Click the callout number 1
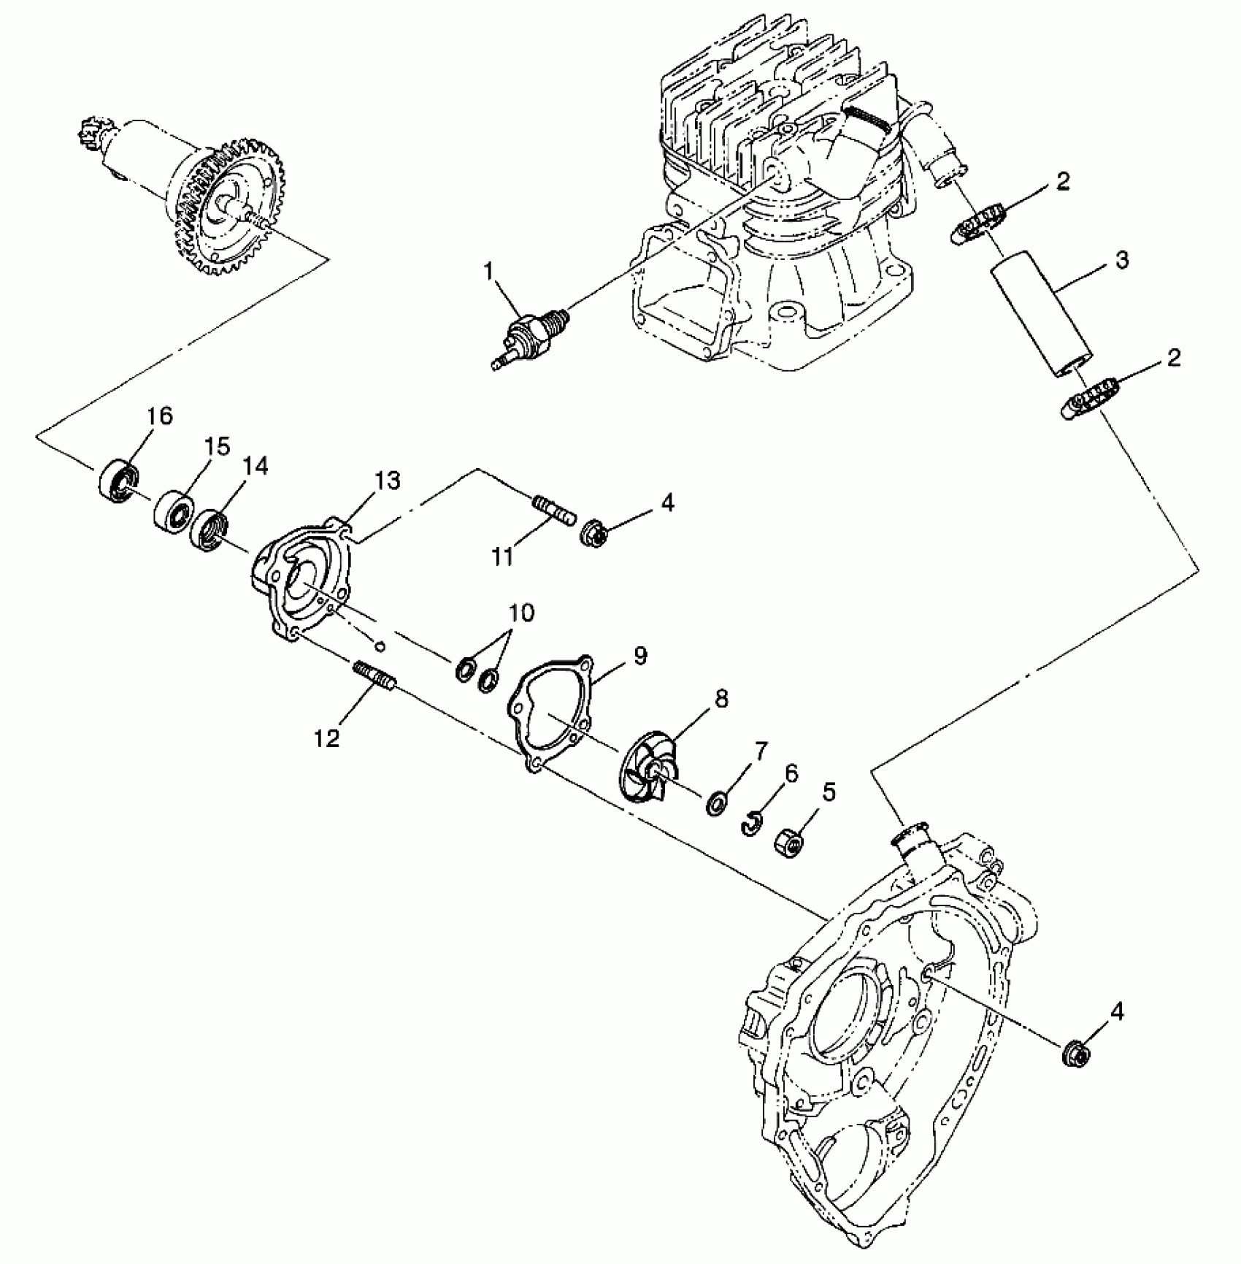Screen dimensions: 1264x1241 coord(488,272)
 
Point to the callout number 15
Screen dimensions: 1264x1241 coord(216,446)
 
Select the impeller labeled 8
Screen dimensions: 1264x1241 coord(646,773)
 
